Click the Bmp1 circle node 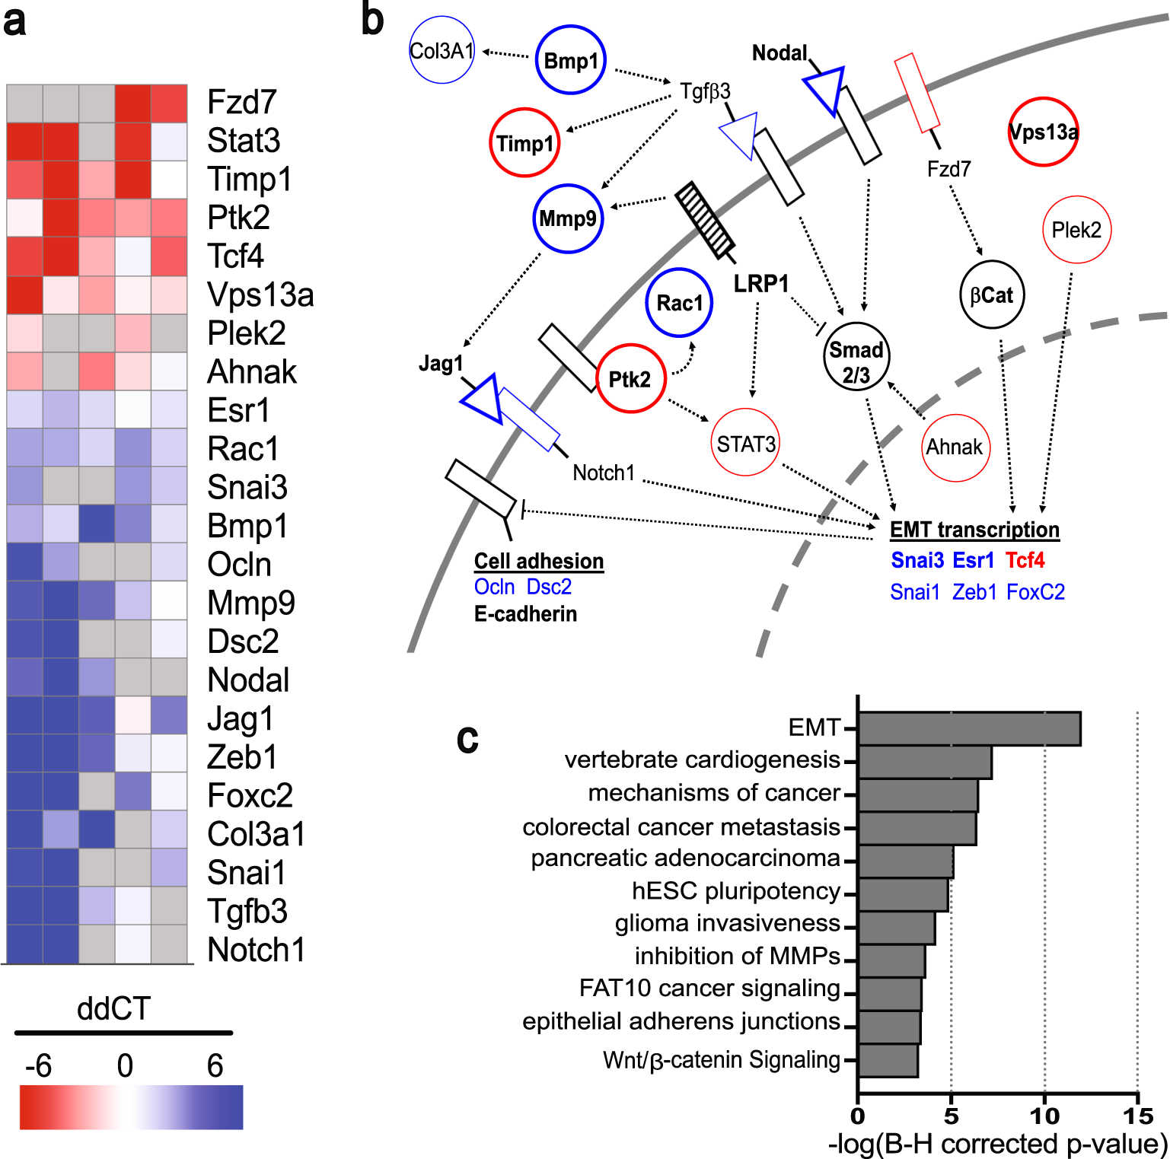[x=571, y=60]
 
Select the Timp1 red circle [x=524, y=143]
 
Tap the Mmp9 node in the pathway [x=568, y=219]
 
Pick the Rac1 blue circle [x=679, y=303]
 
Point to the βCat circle [x=992, y=295]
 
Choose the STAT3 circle [x=746, y=443]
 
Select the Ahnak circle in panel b [x=955, y=447]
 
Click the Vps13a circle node [x=1043, y=132]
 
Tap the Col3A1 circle [x=442, y=52]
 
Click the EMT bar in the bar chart [x=968, y=729]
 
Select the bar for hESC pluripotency [x=903, y=894]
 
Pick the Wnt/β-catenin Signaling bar [x=888, y=1060]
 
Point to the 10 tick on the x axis [x=1044, y=1116]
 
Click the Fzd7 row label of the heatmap [x=242, y=102]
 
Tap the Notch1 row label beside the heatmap [x=257, y=950]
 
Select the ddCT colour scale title [x=114, y=1009]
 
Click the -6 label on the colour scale [x=38, y=1066]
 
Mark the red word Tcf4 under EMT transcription [x=1025, y=561]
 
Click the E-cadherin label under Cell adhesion [x=525, y=614]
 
